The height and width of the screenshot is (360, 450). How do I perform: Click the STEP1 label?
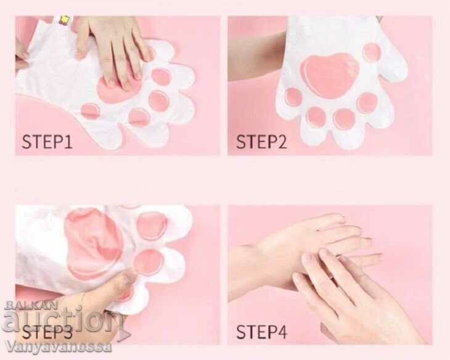(47, 142)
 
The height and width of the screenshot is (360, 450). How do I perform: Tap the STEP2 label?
(261, 142)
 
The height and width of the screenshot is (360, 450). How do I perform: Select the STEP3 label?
(47, 332)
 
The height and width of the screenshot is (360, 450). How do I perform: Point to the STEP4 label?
(261, 332)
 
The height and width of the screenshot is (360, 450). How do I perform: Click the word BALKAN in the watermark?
(31, 305)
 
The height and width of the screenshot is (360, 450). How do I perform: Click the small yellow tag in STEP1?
(64, 20)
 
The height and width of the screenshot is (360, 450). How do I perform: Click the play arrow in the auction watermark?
(125, 334)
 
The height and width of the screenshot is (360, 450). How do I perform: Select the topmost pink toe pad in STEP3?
(152, 226)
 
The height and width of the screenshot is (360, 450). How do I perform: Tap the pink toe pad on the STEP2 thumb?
(372, 52)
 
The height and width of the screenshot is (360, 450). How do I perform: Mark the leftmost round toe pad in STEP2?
(294, 97)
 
